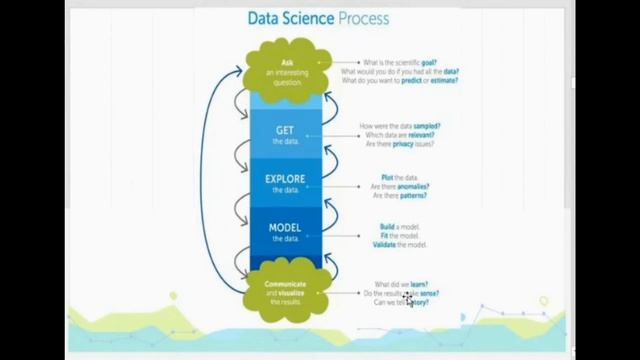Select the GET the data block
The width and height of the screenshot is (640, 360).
(286, 134)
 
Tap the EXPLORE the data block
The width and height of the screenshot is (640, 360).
(286, 184)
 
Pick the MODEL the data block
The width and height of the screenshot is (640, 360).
(286, 232)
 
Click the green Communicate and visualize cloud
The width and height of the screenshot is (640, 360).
(286, 292)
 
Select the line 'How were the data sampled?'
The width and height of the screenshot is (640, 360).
(400, 126)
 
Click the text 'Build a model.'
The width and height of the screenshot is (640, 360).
(396, 227)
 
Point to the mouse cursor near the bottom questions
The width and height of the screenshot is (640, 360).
(409, 298)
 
